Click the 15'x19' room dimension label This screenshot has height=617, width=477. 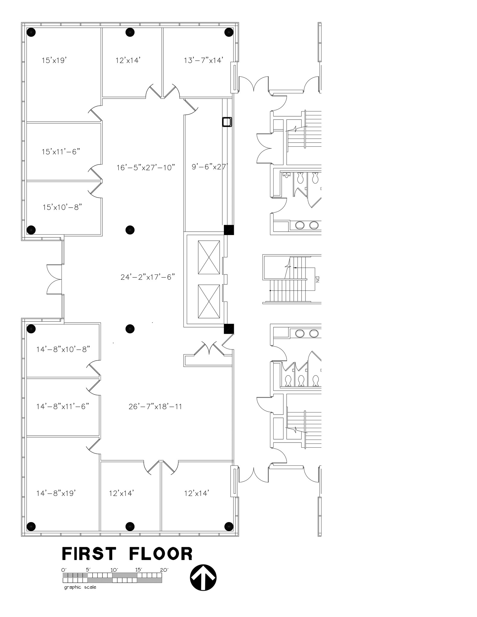[x=54, y=61]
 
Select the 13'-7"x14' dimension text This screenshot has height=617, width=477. [x=203, y=61]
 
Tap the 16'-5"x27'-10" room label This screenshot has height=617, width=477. [x=146, y=168]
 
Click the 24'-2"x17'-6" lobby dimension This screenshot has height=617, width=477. [x=148, y=277]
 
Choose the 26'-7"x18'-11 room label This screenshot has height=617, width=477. [x=155, y=407]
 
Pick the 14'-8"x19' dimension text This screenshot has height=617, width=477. [x=56, y=493]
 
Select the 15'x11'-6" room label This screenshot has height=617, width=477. [x=61, y=152]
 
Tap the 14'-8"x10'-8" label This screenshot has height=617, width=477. [x=63, y=349]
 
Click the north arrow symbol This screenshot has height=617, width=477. [x=203, y=578]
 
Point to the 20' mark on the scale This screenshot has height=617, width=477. [x=164, y=570]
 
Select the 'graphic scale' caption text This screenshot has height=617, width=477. [x=80, y=587]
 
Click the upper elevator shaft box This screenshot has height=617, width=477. [x=209, y=257]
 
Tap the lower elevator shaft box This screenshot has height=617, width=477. [x=209, y=301]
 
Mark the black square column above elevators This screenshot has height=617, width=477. [x=229, y=230]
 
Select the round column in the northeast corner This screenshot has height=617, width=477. [x=229, y=32]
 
